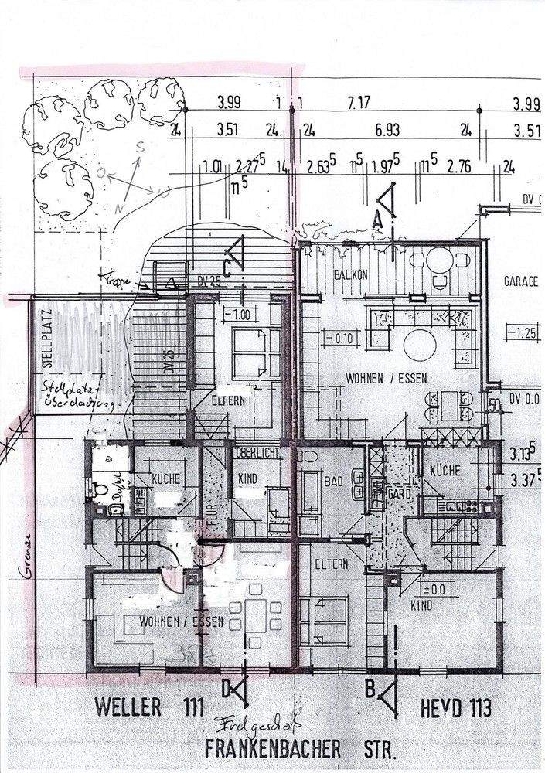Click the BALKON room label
[x=350, y=275]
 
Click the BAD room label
[x=334, y=481]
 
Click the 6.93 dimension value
[x=387, y=131]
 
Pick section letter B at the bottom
[x=370, y=686]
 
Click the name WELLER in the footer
[x=128, y=706]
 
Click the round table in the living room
[x=422, y=342]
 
